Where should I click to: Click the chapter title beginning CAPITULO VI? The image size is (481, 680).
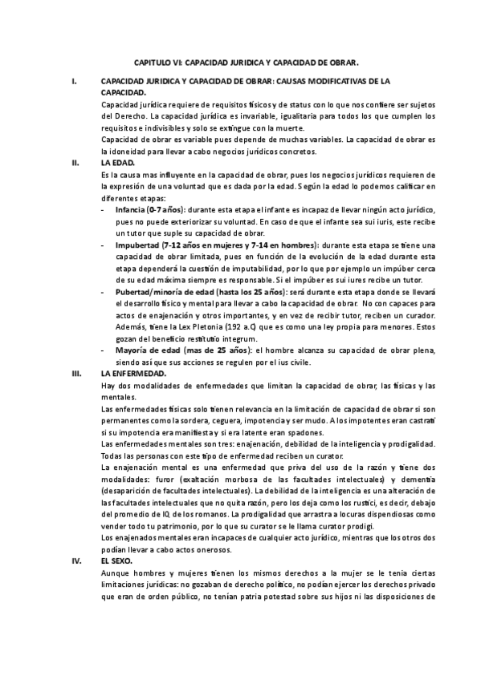246,61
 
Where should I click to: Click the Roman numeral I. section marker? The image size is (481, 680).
74,82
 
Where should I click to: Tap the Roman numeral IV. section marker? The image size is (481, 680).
76,561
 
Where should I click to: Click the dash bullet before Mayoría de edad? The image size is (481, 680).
104,350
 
